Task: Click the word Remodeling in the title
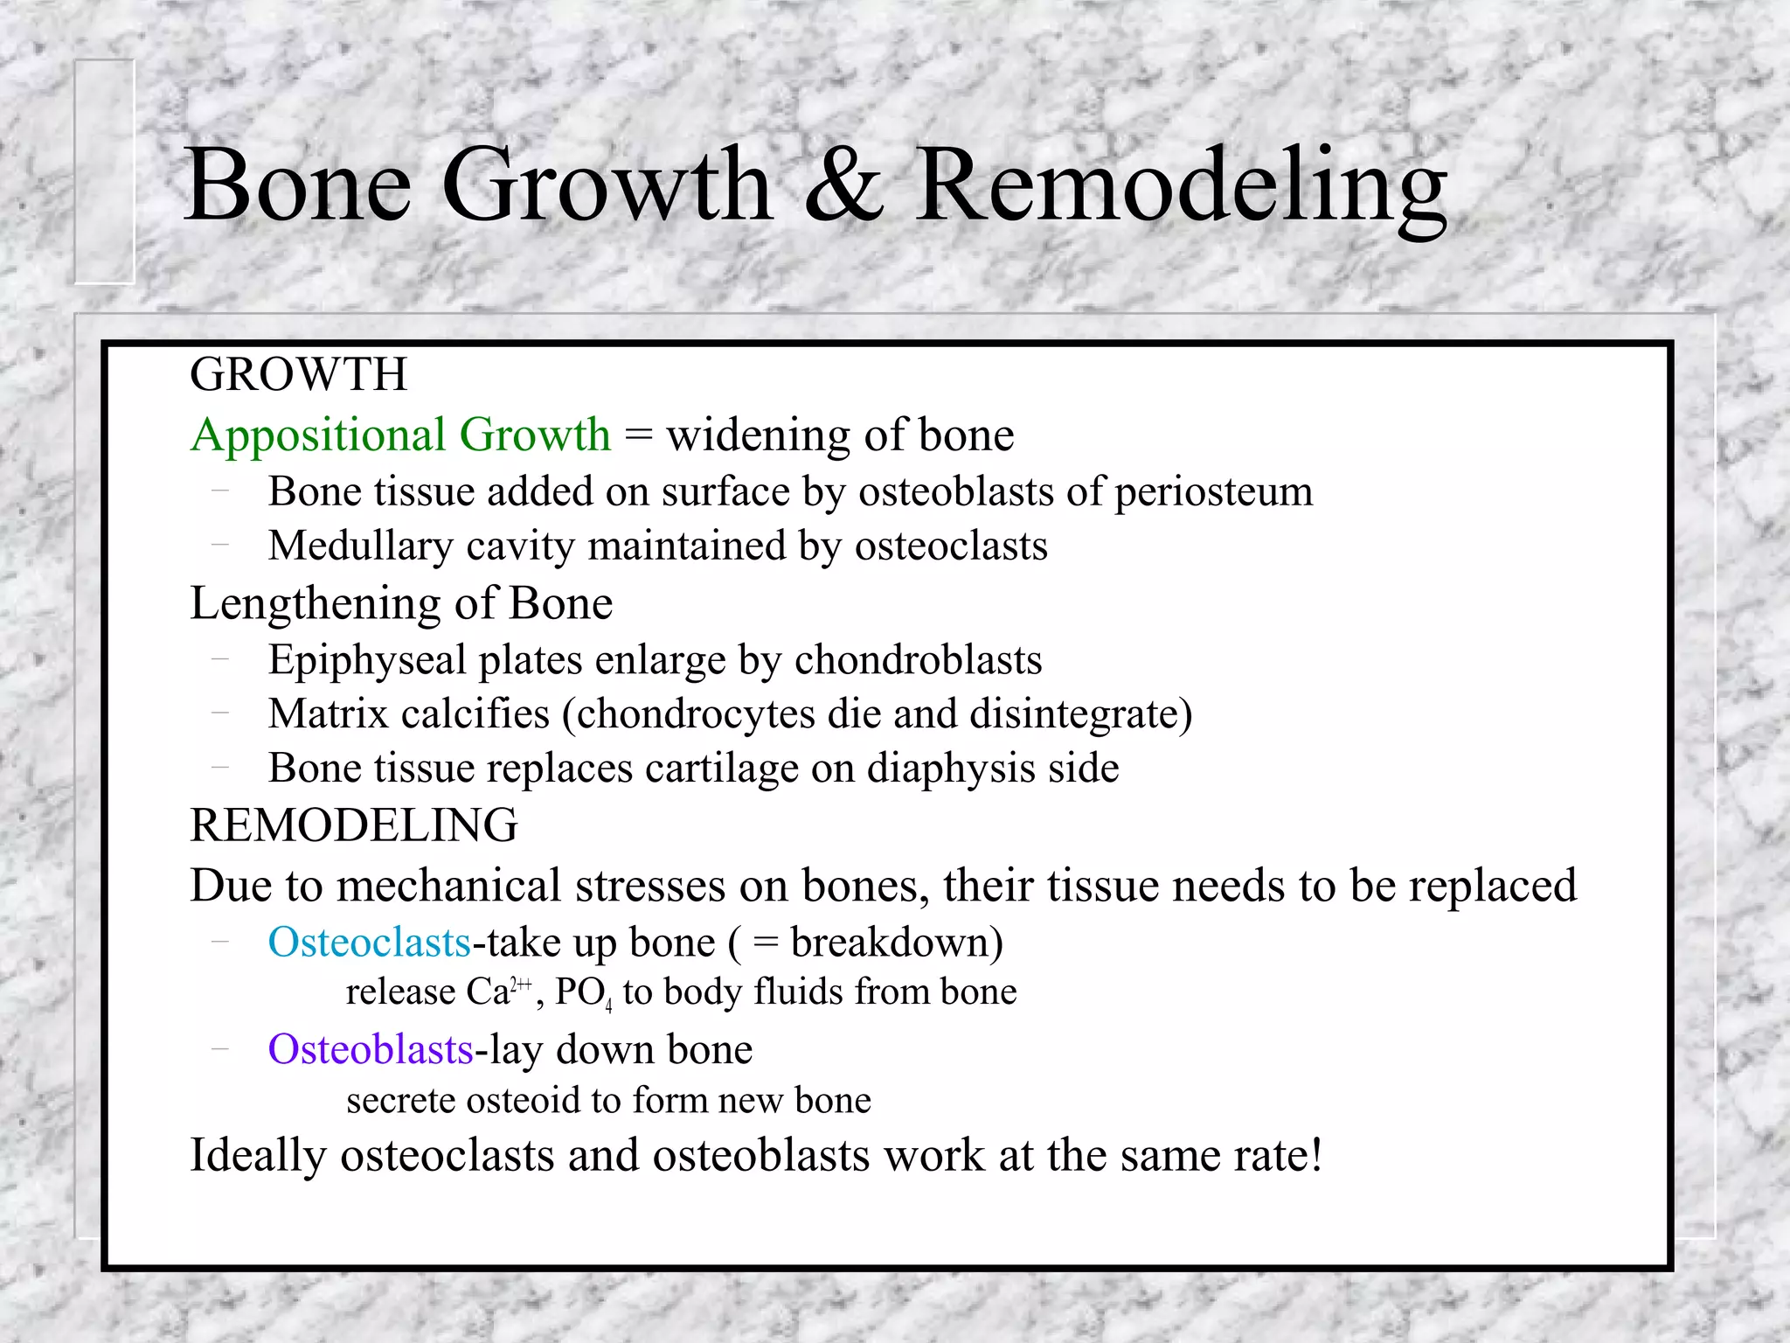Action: click(x=1182, y=185)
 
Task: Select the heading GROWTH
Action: click(x=298, y=374)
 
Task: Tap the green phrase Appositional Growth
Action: click(x=400, y=435)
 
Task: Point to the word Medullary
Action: click(x=360, y=546)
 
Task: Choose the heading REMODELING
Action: click(x=354, y=825)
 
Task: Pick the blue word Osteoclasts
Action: click(x=369, y=943)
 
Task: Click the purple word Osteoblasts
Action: click(x=370, y=1049)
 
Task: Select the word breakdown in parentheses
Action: click(x=890, y=943)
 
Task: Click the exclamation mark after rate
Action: click(x=1315, y=1154)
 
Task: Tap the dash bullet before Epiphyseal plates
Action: click(x=220, y=660)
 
